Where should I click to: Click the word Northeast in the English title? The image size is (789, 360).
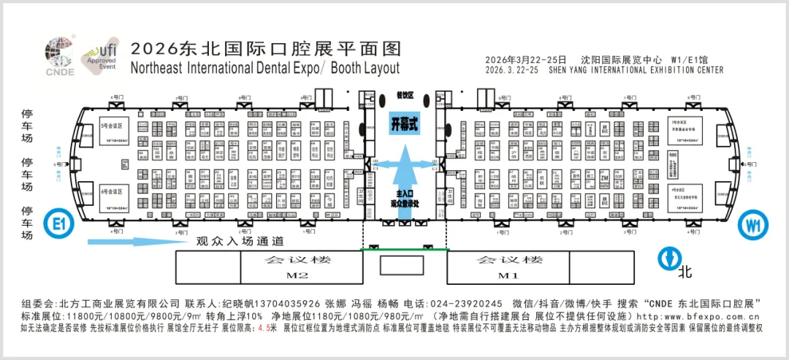point(156,69)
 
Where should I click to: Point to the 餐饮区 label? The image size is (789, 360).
point(405,96)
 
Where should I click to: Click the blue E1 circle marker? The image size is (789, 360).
point(58,223)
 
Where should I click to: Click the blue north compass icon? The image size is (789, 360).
point(667,258)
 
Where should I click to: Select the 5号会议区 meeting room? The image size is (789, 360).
point(116,131)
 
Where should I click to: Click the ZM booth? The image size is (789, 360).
point(604,177)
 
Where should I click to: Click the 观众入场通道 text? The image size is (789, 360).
point(239,242)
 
